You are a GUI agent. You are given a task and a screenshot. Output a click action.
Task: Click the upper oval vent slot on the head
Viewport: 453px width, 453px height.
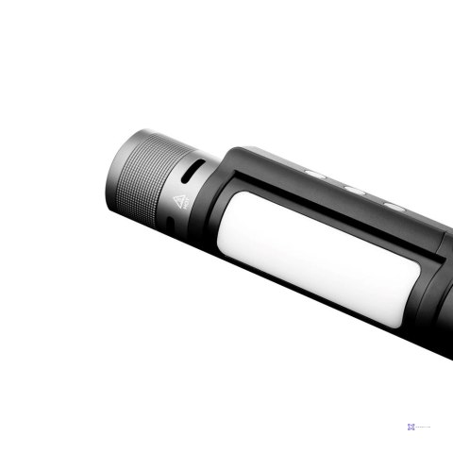tap(192, 172)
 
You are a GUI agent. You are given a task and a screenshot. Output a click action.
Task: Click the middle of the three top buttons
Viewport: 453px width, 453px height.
tap(355, 188)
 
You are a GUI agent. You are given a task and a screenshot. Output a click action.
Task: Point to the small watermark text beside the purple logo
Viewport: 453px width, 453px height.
tap(429, 427)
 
